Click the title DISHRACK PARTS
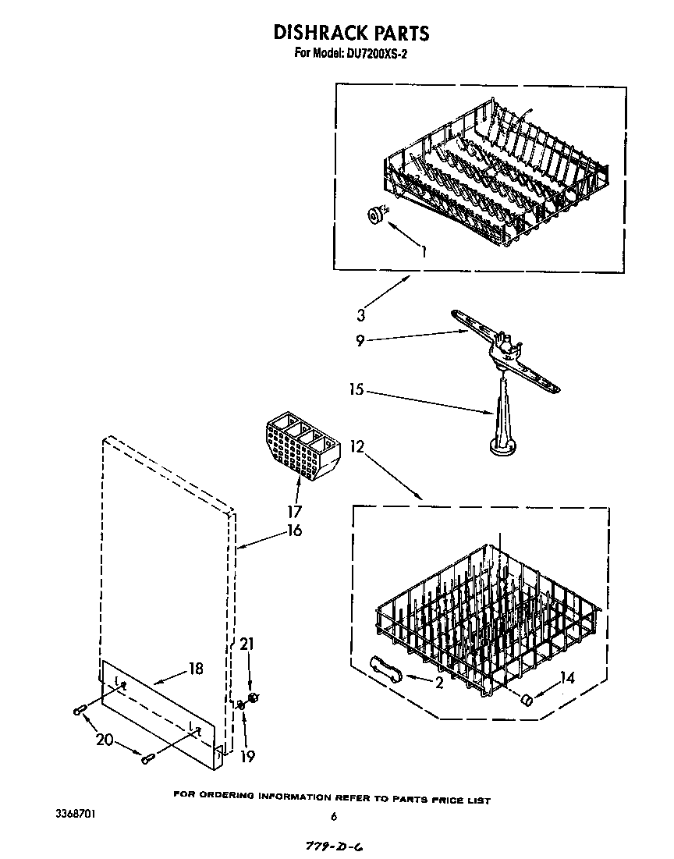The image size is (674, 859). [x=350, y=32]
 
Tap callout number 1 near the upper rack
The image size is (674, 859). [x=424, y=251]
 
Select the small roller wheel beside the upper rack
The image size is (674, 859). [x=378, y=215]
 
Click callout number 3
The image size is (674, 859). [x=360, y=316]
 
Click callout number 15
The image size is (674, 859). [x=356, y=389]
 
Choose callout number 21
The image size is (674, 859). [x=248, y=644]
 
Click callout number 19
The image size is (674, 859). [x=249, y=756]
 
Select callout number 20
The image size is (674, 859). [x=103, y=740]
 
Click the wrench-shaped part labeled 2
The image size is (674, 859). [x=385, y=668]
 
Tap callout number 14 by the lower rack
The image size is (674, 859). [x=566, y=679]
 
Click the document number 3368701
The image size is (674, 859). [x=76, y=813]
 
